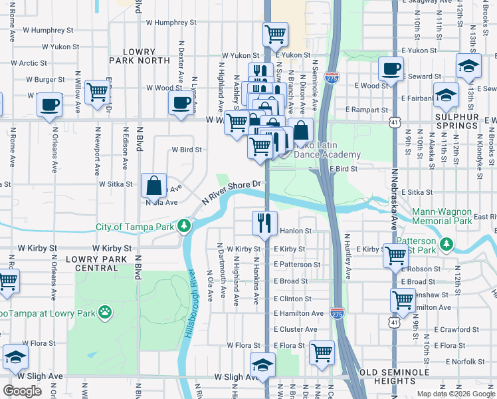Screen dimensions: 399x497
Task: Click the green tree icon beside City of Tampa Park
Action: [x=185, y=227]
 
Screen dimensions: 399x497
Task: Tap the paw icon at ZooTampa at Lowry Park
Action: [x=105, y=311]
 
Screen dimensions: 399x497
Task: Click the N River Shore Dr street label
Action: [x=233, y=192]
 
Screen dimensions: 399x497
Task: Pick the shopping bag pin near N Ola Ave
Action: [x=153, y=186]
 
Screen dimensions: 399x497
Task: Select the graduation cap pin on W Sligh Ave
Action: [x=262, y=364]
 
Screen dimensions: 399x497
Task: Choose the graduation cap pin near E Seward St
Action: [x=468, y=66]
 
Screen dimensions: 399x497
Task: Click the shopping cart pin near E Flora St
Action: [x=322, y=352]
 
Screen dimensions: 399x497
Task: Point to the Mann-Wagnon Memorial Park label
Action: [x=450, y=216]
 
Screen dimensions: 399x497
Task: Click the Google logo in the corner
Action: [x=23, y=391]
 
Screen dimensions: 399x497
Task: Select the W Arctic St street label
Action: [x=23, y=63]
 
